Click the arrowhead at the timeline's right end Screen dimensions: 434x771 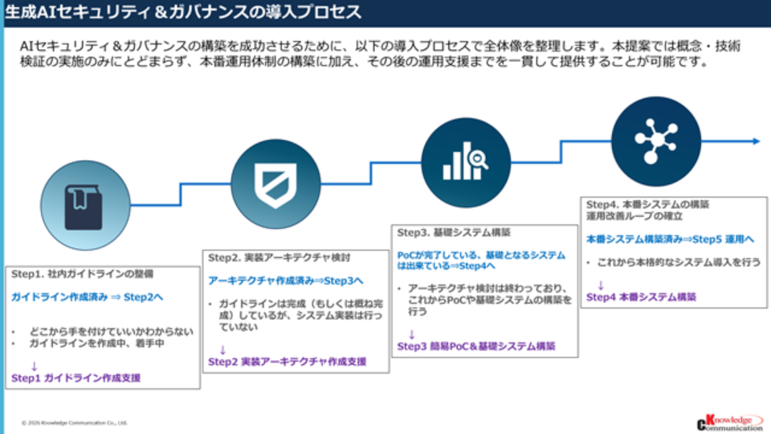(x=756, y=141)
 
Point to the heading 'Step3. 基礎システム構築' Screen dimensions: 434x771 (x=454, y=233)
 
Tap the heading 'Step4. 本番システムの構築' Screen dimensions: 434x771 (x=647, y=204)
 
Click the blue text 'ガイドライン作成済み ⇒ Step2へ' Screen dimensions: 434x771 (x=87, y=297)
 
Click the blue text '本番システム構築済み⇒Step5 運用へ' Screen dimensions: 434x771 (x=670, y=239)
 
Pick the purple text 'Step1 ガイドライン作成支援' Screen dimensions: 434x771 (x=75, y=377)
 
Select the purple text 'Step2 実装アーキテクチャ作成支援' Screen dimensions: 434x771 (x=287, y=362)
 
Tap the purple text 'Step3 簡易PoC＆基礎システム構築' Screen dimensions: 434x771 (x=476, y=346)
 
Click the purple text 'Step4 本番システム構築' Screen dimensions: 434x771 (x=641, y=297)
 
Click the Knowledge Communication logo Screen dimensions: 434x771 (x=728, y=422)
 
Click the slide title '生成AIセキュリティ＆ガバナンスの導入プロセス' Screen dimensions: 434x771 (x=183, y=13)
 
